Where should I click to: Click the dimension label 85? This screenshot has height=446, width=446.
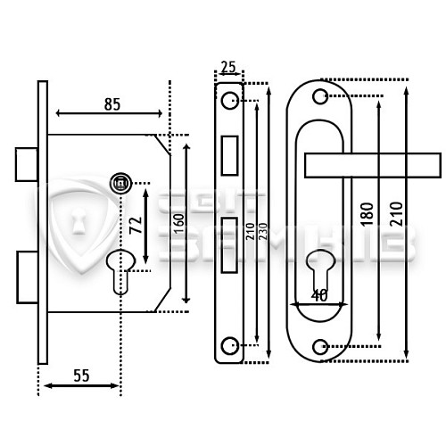[x=112, y=104]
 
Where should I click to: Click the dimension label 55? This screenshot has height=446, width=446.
[x=81, y=376]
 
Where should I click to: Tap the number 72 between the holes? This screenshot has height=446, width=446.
[x=136, y=225]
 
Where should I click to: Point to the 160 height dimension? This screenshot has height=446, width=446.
[x=178, y=224]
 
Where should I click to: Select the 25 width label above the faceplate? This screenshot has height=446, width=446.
[x=228, y=67]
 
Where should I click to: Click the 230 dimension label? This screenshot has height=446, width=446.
[x=263, y=231]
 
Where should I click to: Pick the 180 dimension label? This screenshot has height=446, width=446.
[x=367, y=214]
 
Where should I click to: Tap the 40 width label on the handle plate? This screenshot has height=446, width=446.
[x=319, y=295]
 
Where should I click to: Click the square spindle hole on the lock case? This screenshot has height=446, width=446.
[x=120, y=183]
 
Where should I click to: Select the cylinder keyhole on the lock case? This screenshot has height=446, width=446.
[x=120, y=271]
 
